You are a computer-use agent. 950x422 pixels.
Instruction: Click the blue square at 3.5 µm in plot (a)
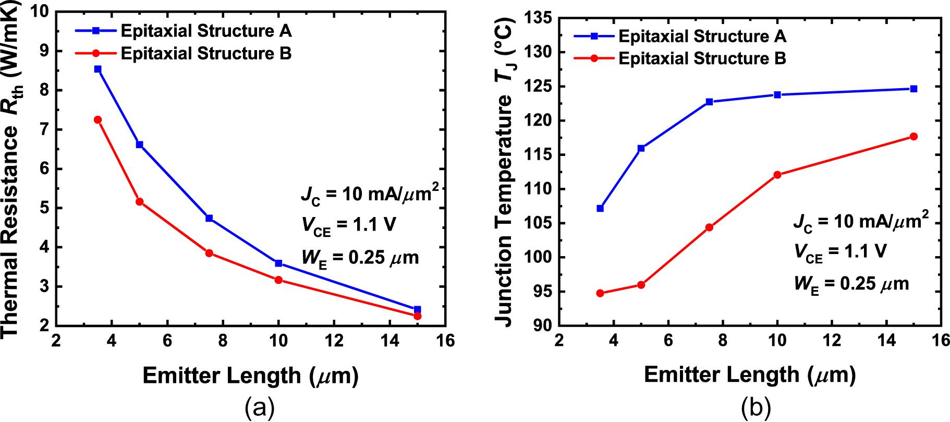point(98,69)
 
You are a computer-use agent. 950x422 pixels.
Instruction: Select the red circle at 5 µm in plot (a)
point(139,202)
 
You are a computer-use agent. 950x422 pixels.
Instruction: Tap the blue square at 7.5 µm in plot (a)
point(209,218)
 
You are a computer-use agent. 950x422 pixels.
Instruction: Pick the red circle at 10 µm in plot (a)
point(278,280)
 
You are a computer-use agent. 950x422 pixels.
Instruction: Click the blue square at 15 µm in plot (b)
point(914,89)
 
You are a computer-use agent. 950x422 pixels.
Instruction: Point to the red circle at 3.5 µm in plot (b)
point(600,293)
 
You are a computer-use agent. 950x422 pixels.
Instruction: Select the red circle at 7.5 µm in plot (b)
point(709,227)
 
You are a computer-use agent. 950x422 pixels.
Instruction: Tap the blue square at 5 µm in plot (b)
point(641,149)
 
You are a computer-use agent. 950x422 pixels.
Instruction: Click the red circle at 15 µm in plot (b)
point(914,137)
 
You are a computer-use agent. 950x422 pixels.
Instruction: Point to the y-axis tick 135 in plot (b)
point(540,18)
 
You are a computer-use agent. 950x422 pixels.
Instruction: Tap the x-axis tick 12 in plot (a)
point(334,341)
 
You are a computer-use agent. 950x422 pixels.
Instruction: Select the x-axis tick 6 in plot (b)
point(668,341)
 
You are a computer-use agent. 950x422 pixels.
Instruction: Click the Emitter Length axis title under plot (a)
point(250,376)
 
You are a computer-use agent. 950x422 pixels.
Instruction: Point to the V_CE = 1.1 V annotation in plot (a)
point(348,225)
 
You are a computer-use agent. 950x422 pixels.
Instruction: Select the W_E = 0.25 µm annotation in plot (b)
point(851,284)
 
